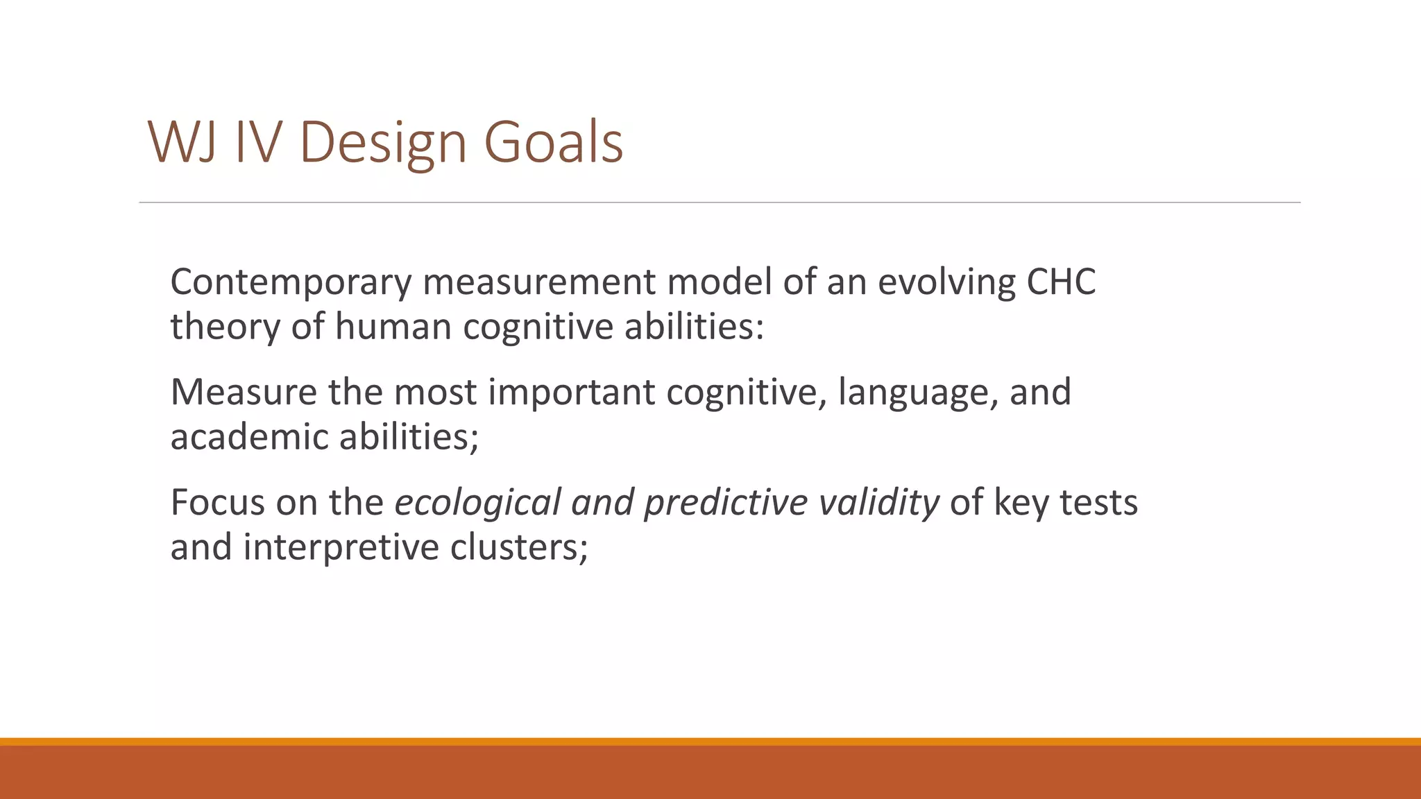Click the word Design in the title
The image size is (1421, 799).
tap(384, 144)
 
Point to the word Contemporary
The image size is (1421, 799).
tap(291, 283)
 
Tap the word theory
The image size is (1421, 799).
tap(225, 327)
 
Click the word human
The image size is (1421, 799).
tap(393, 326)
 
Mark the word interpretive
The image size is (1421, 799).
tap(341, 548)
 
